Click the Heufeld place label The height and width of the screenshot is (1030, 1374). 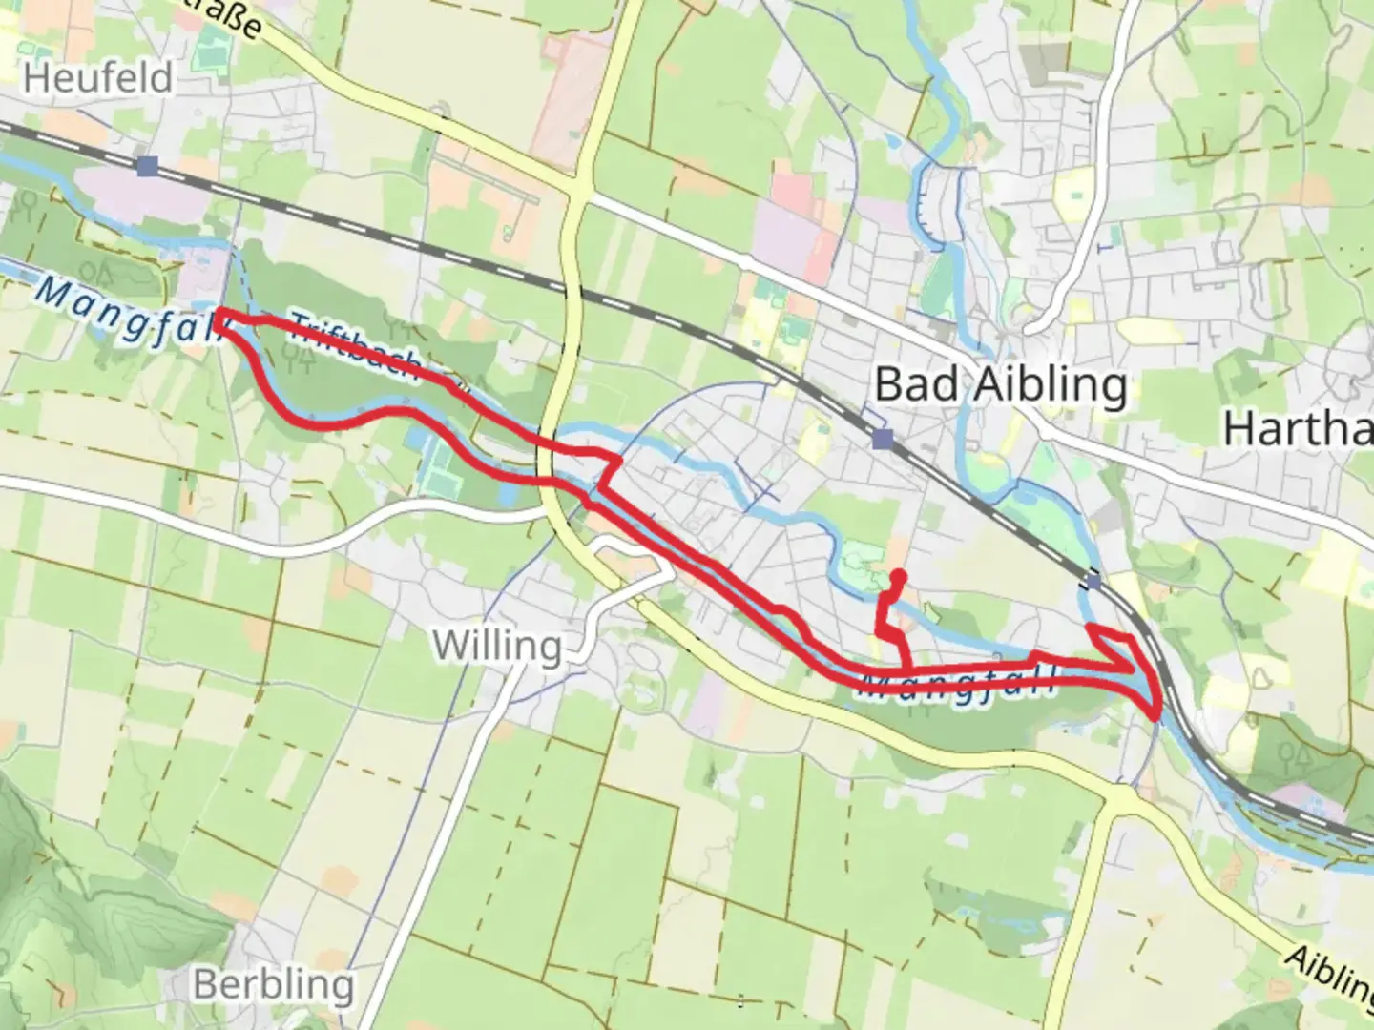(x=98, y=77)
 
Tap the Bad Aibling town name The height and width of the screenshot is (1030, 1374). (x=1000, y=385)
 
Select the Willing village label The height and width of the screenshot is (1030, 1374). (x=497, y=646)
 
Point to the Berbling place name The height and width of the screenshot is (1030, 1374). (x=273, y=984)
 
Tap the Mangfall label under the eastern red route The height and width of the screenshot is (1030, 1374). (x=958, y=686)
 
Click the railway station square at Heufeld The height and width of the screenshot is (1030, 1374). (x=146, y=167)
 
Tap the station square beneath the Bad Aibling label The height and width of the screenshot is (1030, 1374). (x=883, y=439)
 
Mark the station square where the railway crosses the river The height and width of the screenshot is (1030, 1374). (x=1093, y=581)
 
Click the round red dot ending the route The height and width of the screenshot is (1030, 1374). (x=898, y=576)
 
